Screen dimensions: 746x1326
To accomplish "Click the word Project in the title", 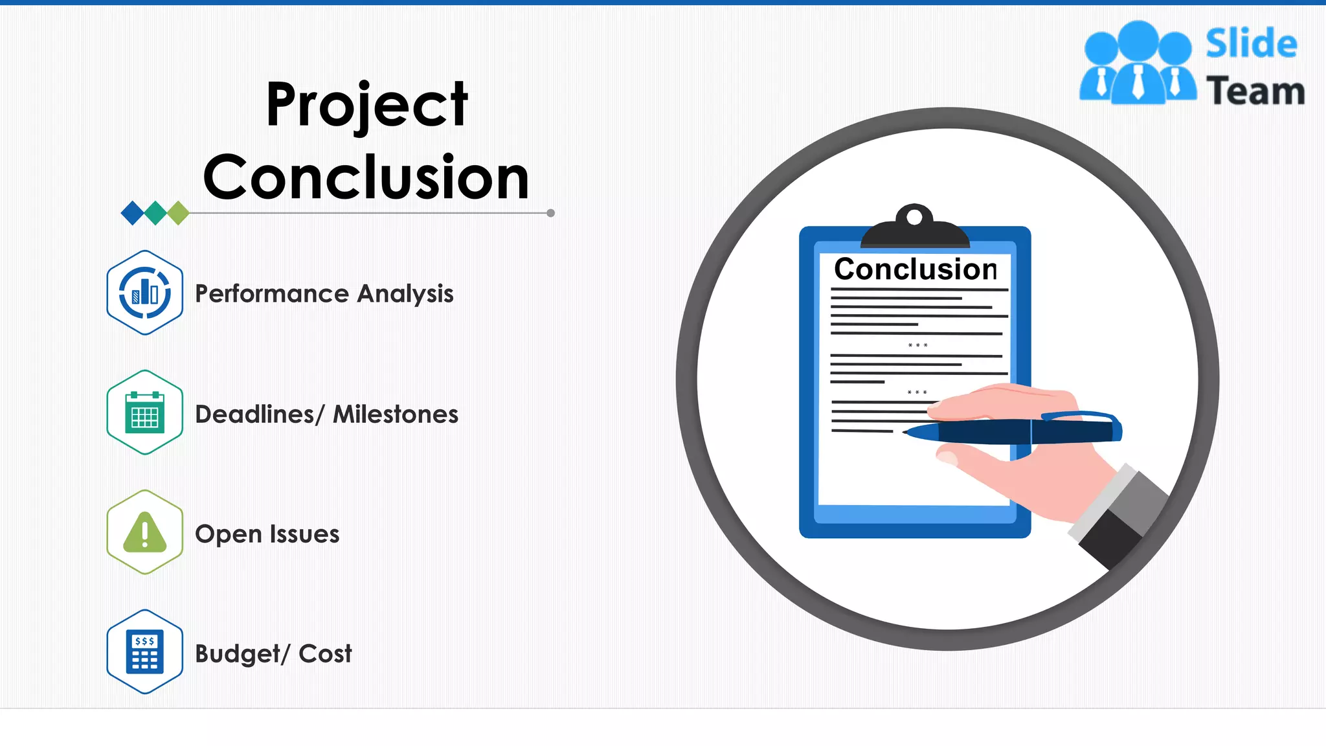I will [x=366, y=105].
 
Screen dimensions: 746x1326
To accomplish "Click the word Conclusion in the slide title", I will [x=366, y=177].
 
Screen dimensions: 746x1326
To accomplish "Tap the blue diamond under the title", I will [x=133, y=212].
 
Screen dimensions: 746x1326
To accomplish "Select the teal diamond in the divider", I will [x=155, y=212].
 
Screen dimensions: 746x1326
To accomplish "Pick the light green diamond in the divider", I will [x=178, y=212].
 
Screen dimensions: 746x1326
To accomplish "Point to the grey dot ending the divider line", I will [x=550, y=213].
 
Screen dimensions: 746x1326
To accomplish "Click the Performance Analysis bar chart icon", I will [x=145, y=293].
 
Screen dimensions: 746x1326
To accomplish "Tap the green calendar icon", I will [x=145, y=413].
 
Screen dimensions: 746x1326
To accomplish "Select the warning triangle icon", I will [x=145, y=532].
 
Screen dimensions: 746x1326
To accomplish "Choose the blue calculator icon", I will [x=145, y=651].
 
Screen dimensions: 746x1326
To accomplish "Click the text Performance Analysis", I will [x=324, y=293].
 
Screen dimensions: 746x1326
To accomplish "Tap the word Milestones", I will [x=395, y=414].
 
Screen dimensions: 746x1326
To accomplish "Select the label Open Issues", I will [x=267, y=534].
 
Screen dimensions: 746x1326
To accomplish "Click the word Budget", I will [x=238, y=654].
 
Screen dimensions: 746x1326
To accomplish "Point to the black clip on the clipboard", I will [x=915, y=230].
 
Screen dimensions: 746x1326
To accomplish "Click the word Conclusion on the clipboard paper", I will [x=915, y=269].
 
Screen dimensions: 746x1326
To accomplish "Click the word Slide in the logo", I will [x=1251, y=44].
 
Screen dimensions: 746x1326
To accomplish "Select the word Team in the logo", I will [x=1255, y=91].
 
